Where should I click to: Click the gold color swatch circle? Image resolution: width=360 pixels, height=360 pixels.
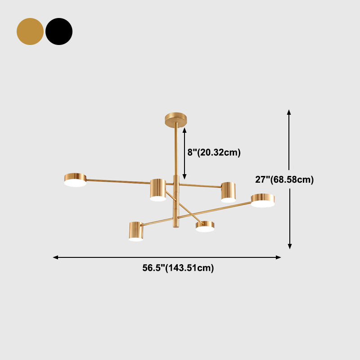[30, 31]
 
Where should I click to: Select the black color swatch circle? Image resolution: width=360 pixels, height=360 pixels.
[59, 31]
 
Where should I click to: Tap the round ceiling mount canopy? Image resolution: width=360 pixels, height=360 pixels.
[176, 120]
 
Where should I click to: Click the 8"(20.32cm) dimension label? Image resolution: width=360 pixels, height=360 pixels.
[214, 153]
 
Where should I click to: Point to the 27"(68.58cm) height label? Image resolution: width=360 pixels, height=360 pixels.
[284, 180]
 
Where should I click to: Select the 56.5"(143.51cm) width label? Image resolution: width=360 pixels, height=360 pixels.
[178, 268]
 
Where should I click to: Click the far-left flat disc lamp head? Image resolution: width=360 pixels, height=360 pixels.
[75, 180]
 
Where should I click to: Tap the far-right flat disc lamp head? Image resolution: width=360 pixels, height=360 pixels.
[263, 200]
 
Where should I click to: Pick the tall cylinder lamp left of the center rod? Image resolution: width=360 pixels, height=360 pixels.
[158, 190]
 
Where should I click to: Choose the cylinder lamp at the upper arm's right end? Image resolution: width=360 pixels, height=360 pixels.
[229, 193]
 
